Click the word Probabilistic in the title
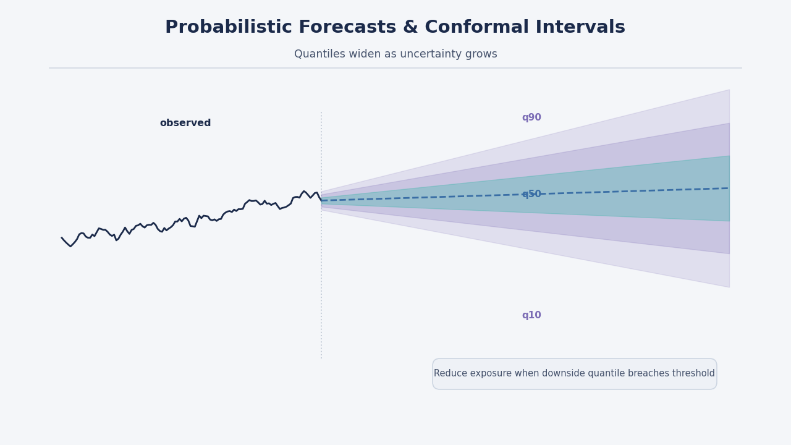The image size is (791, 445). (229, 28)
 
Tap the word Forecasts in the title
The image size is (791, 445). (357, 27)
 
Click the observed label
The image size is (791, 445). (185, 123)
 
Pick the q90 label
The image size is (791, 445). (531, 117)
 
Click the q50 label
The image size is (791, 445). (531, 194)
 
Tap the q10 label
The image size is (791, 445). (531, 315)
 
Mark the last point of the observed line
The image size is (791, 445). (322, 201)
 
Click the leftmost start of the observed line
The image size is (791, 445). (61, 237)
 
